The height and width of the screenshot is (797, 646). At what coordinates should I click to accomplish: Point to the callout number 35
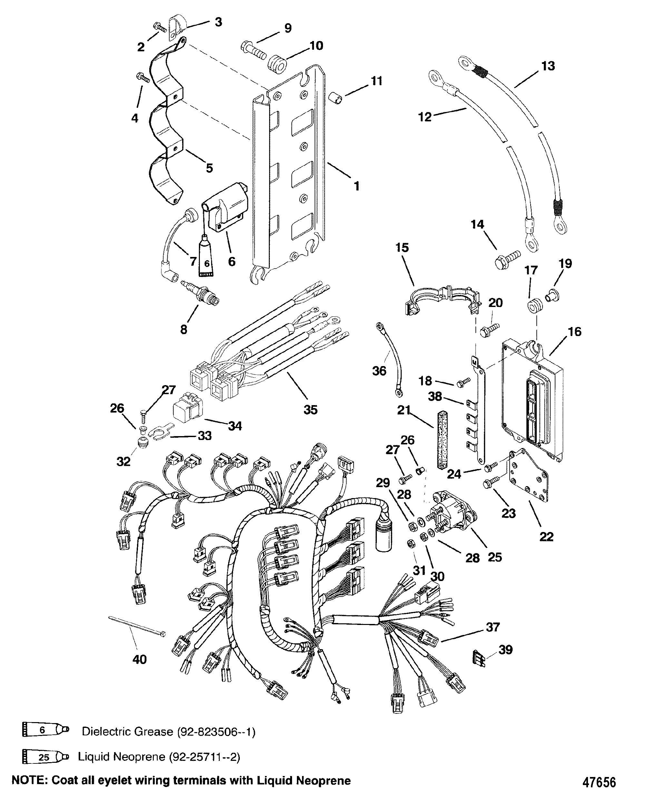click(x=310, y=410)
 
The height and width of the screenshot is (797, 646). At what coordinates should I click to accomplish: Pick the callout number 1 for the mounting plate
click(x=357, y=186)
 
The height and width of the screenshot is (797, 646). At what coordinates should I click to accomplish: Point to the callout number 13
click(x=547, y=66)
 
